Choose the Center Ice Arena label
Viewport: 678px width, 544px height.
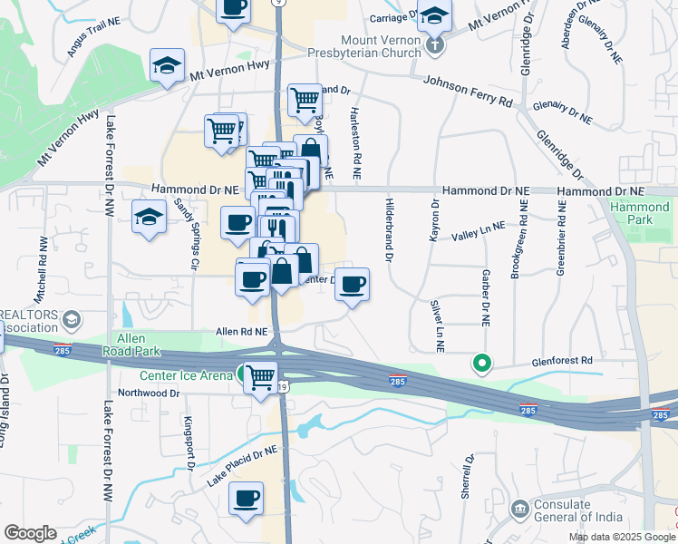[185, 374]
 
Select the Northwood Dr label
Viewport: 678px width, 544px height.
[143, 393]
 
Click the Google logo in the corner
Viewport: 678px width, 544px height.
[30, 533]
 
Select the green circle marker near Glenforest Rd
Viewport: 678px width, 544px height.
[483, 365]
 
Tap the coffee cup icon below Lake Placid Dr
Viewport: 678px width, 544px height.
[246, 498]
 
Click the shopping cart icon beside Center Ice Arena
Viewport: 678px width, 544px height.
[260, 375]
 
